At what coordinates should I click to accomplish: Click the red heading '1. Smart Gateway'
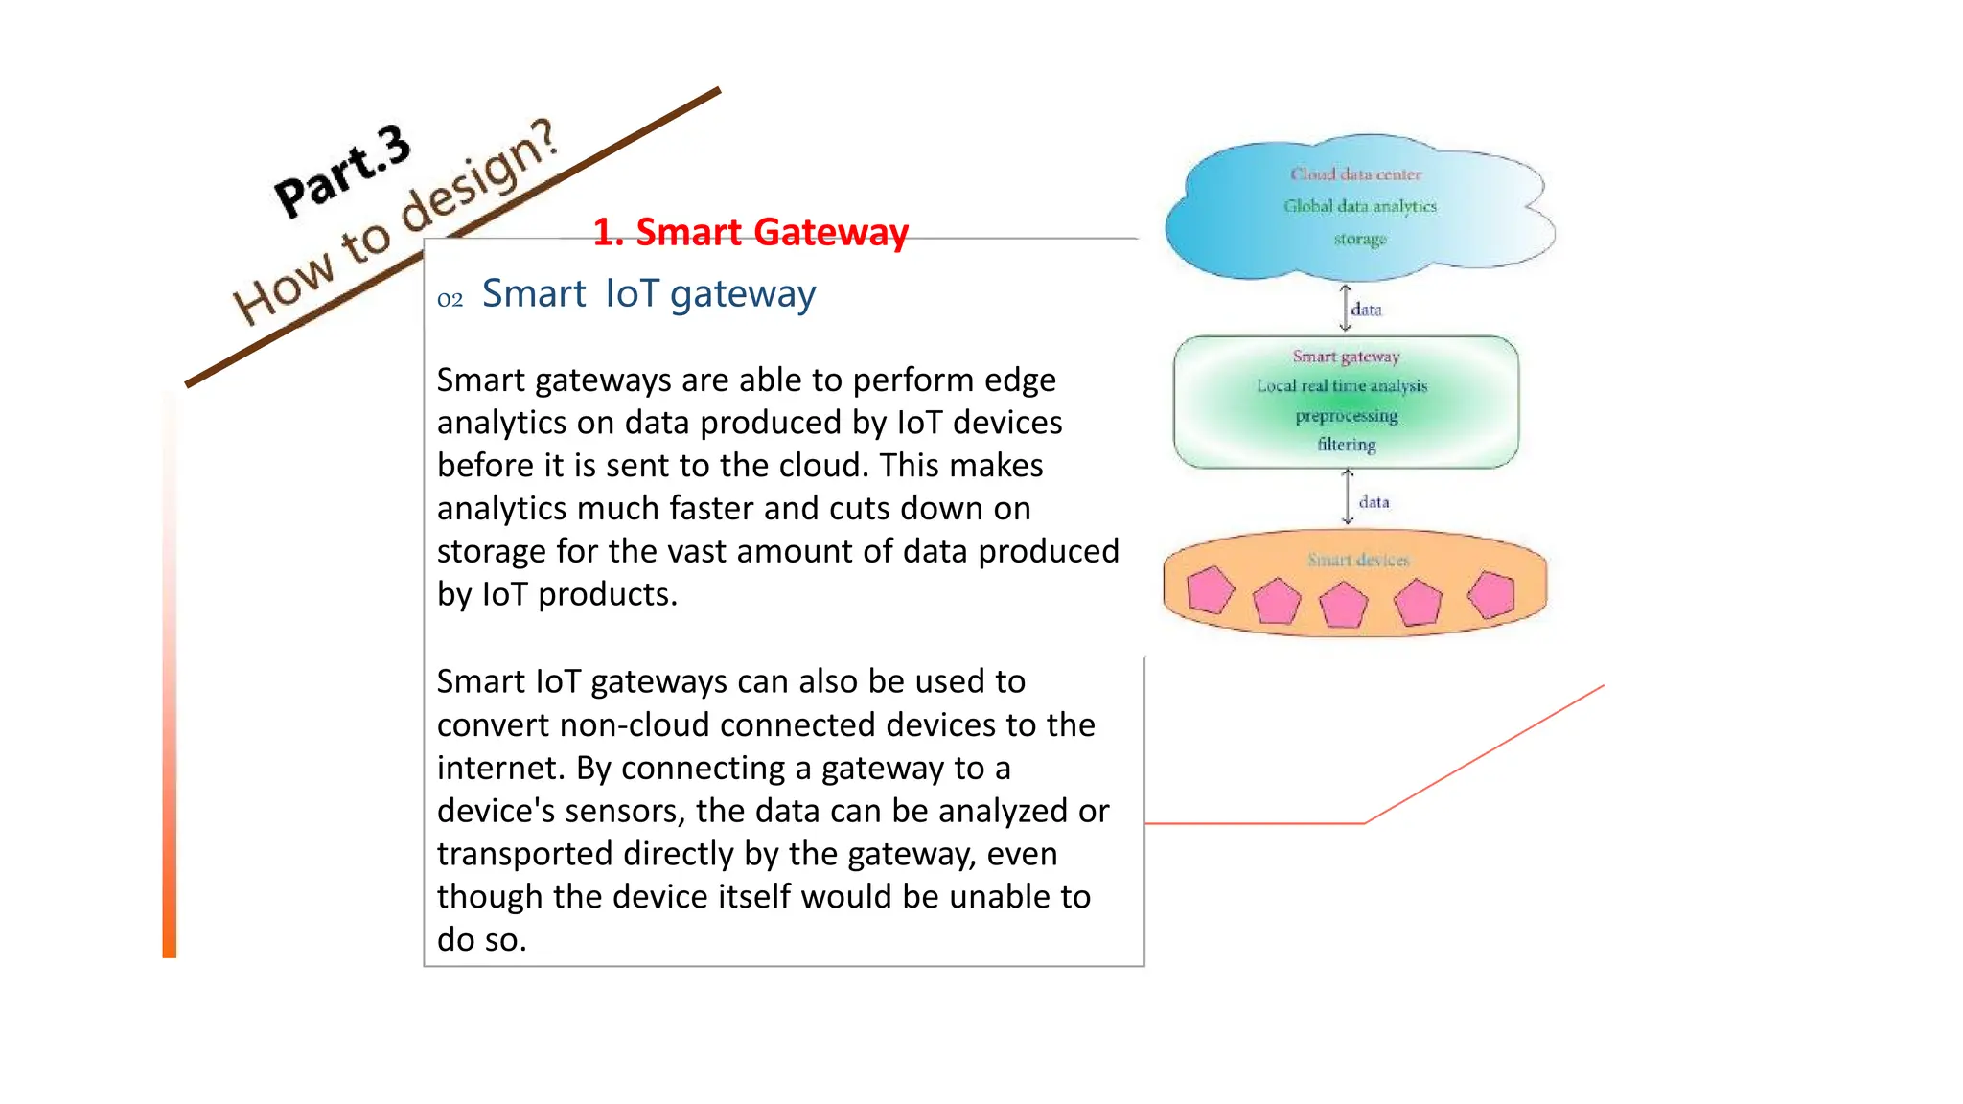tap(750, 232)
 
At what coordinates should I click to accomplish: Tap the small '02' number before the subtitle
tap(450, 300)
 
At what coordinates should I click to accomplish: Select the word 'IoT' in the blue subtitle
tap(632, 293)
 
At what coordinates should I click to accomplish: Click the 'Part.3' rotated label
tap(342, 170)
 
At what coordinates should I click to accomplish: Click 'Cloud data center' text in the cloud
tap(1355, 174)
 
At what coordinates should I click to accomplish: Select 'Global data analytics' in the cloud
tap(1360, 206)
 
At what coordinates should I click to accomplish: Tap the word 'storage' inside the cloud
tap(1360, 239)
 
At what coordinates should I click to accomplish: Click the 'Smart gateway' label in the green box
tap(1346, 356)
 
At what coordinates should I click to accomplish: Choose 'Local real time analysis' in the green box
tap(1342, 386)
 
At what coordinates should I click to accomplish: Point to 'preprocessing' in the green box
tap(1347, 416)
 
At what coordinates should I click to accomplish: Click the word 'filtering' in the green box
tap(1347, 445)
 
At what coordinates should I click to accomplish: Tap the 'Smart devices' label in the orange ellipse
tap(1358, 560)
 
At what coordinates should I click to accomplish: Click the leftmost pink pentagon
tap(1210, 590)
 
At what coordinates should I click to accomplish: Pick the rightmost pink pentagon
tap(1491, 594)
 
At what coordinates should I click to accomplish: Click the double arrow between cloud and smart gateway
tap(1345, 308)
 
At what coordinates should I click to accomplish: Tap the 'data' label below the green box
tap(1374, 502)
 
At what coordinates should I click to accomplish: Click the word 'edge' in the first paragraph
tap(1020, 381)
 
